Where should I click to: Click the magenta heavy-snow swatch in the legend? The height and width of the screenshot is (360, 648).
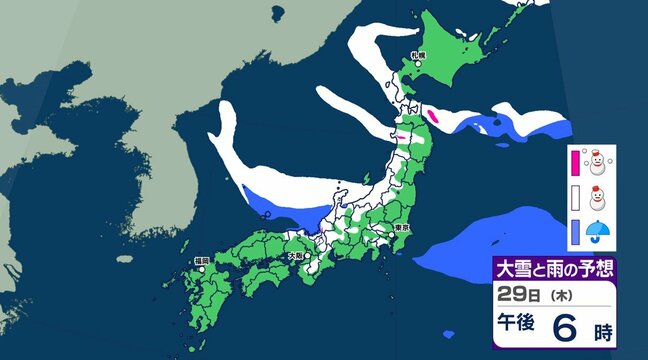(x=576, y=161)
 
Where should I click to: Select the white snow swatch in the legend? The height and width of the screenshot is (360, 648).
(x=576, y=198)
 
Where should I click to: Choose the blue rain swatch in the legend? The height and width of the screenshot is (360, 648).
(x=576, y=236)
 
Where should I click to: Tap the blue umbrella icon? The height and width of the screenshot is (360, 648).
(x=600, y=236)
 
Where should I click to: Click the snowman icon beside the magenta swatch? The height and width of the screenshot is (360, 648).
(x=600, y=161)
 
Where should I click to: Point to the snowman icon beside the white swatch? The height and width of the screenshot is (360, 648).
(x=600, y=198)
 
